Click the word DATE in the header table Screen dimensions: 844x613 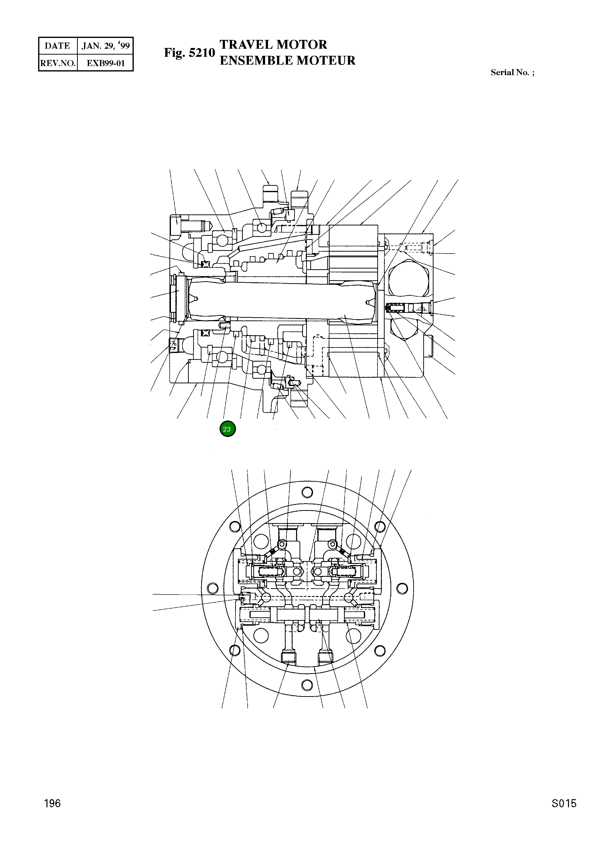[x=57, y=46]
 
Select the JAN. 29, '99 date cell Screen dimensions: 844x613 [x=106, y=46]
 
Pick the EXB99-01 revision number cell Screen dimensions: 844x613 [x=106, y=63]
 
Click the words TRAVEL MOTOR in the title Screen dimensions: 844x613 [x=273, y=45]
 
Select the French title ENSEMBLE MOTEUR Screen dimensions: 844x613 [x=287, y=60]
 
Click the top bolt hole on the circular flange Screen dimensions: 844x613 [x=307, y=492]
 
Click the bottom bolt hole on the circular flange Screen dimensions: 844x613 [x=307, y=684]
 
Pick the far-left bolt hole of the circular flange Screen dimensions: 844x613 [x=213, y=588]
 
